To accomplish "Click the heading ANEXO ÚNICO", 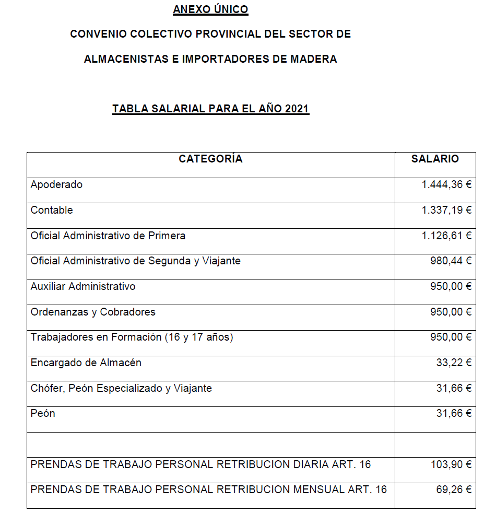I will (x=210, y=9).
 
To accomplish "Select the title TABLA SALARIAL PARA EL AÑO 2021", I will (x=210, y=109).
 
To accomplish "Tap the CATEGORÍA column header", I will (x=210, y=159).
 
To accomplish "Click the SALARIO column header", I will (x=435, y=159).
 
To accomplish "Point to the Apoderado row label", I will (x=56, y=184).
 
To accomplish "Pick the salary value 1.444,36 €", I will (x=446, y=184).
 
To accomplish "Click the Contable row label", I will (x=52, y=210).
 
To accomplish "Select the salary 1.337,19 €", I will (x=446, y=210).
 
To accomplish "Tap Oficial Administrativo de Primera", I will (x=108, y=236).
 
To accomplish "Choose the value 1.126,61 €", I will (x=446, y=236).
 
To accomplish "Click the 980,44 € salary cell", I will (x=451, y=261).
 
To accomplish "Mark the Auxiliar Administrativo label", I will (x=83, y=286).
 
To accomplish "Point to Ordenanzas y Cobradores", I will (x=93, y=312).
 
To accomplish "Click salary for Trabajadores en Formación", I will (x=451, y=337).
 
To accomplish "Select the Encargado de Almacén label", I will (x=86, y=363).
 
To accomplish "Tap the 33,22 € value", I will (x=454, y=363).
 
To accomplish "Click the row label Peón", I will (x=43, y=413).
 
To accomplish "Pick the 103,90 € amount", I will (x=451, y=464).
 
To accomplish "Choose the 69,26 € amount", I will (x=454, y=489).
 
